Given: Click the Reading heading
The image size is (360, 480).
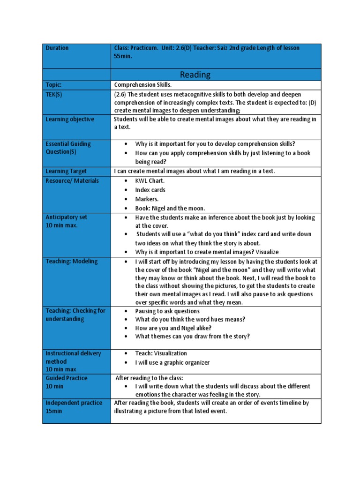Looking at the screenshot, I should (195, 75).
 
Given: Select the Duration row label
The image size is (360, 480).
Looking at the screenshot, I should (57, 48).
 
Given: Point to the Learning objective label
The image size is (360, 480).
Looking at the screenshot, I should (69, 119).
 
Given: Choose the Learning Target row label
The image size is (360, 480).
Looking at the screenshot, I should (66, 171).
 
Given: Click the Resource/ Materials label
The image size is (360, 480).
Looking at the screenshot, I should (72, 180).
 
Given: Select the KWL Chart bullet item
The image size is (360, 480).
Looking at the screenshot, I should (150, 180).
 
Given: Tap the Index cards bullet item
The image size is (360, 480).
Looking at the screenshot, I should (150, 190).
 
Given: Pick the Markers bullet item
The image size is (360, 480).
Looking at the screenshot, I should (147, 199).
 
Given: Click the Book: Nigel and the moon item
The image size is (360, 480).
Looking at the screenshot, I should (170, 208).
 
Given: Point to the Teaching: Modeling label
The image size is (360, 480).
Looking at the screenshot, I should (71, 261).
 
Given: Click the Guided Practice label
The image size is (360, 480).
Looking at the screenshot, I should (66, 378).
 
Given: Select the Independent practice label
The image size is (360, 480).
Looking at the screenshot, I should (73, 403).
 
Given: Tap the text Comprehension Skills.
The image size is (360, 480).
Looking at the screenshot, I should (143, 85).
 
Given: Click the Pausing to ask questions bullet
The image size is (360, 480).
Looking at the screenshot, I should (167, 311).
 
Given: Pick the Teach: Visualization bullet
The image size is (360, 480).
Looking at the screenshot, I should (161, 353).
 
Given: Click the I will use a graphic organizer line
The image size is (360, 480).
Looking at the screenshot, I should (172, 362).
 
